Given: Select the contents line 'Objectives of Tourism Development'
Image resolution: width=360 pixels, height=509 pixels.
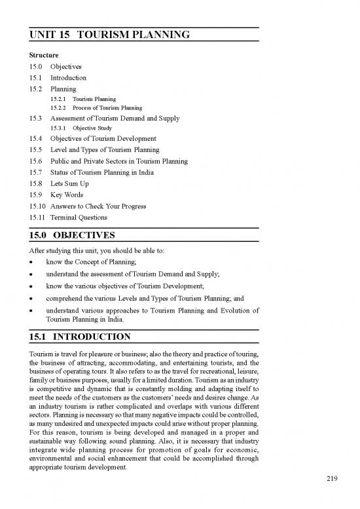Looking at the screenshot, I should coord(103,139).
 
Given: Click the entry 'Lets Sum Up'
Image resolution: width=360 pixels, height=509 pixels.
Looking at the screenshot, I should coord(69,184).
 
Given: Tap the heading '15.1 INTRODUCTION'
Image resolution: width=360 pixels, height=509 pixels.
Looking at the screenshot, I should coord(81,337).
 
